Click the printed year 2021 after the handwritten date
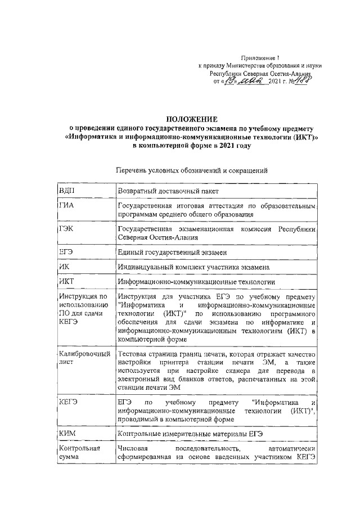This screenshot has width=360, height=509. point(279,82)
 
